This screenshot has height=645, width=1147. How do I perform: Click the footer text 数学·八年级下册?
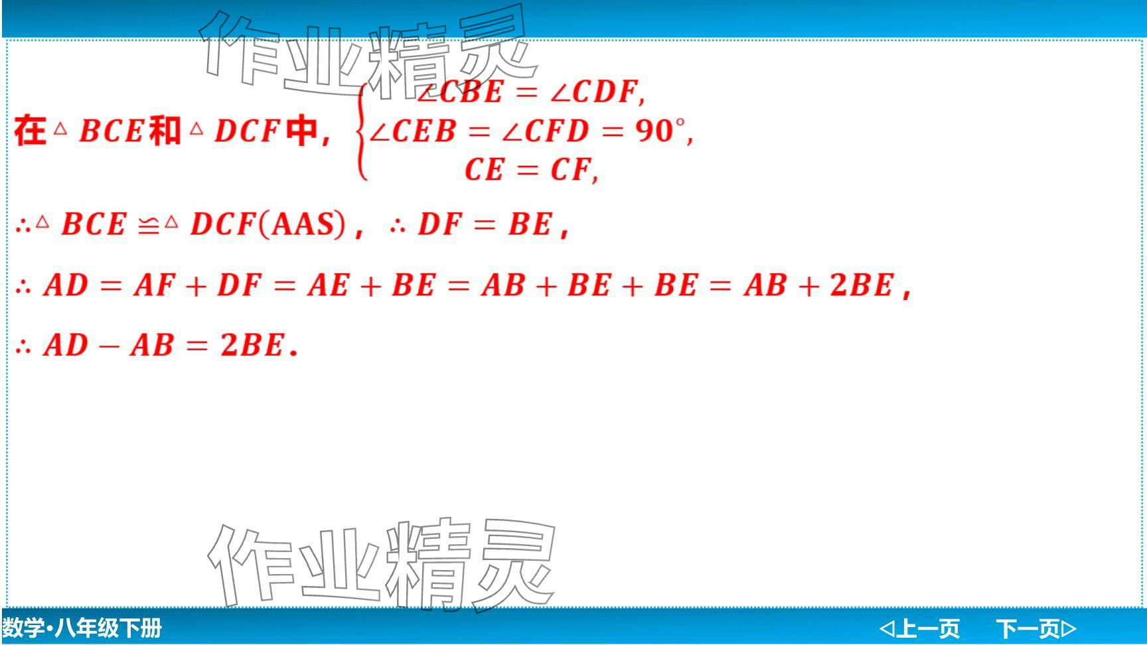pos(82,628)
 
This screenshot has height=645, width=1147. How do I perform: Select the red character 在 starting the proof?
pos(30,130)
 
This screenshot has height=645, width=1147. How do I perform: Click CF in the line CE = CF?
pos(570,170)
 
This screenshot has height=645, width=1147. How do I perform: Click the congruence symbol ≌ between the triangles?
pos(149,226)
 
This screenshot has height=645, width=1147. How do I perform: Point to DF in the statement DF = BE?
pos(439,224)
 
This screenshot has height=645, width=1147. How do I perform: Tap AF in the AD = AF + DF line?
pos(155,286)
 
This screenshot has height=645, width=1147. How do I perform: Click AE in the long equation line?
pos(328,286)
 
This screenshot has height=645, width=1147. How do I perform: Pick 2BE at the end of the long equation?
pos(862,285)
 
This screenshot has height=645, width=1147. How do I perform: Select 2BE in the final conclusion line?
pos(252,345)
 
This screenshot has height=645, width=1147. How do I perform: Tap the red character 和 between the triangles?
pos(165,130)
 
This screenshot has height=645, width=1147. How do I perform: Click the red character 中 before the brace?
pos(302,130)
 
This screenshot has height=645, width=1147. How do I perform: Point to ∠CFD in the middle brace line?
pos(546,131)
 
